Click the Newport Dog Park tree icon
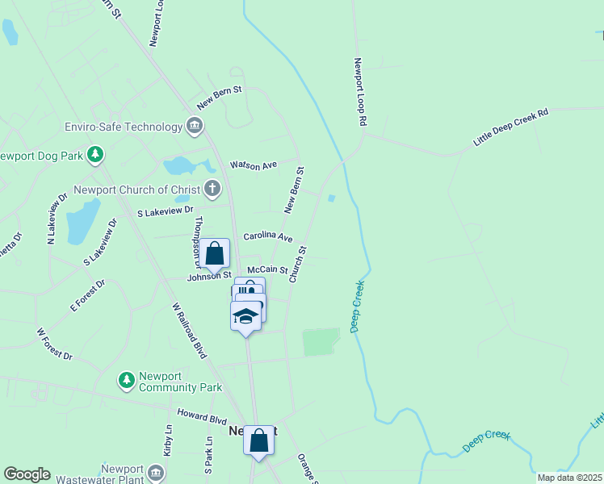coord(96,153)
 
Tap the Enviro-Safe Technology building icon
coord(194,126)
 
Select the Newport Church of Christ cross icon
coord(212,190)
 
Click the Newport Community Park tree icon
coord(126,379)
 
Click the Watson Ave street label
coord(253,165)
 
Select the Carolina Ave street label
coord(267,238)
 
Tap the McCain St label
coord(267,269)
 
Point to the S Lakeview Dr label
coord(166,211)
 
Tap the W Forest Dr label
coord(54,344)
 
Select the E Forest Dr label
coord(88,295)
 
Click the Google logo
coord(27,474)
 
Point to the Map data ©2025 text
coord(568,478)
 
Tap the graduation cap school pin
coord(246,315)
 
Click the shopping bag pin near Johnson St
coord(215,254)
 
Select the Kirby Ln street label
coord(168,441)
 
